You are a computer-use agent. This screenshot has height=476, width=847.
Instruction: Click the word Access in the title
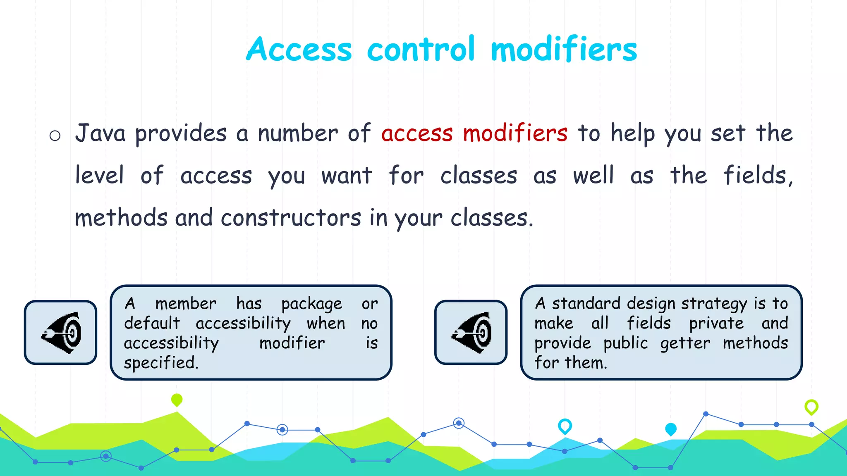click(x=299, y=49)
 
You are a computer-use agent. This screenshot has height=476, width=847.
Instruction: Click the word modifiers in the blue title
click(x=563, y=49)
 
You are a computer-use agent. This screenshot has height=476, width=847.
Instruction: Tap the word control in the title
click(x=421, y=49)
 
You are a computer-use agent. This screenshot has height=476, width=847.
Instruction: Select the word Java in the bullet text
click(x=100, y=133)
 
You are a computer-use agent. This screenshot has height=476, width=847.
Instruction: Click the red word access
click(x=417, y=134)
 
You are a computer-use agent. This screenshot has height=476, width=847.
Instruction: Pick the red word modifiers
click(x=515, y=133)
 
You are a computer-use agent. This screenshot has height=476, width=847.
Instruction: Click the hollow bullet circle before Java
click(x=55, y=136)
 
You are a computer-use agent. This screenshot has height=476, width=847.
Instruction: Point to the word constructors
click(x=291, y=218)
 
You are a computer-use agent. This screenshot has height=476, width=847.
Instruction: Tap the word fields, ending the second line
click(x=758, y=175)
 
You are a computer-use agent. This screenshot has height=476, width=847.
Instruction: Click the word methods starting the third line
click(x=121, y=218)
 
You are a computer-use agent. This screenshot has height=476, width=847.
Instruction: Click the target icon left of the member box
click(x=61, y=332)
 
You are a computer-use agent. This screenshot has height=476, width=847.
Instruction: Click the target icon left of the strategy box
click(x=471, y=332)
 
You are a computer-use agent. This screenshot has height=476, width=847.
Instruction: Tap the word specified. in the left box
click(x=161, y=363)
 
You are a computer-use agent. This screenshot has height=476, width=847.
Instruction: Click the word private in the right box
click(x=716, y=323)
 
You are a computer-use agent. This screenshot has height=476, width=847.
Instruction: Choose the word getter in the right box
click(x=685, y=343)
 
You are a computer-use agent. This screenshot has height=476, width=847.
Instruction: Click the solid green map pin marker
click(x=177, y=400)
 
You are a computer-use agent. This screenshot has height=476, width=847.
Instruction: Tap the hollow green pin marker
click(x=811, y=407)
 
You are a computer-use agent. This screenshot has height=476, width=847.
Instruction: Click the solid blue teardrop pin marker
click(x=670, y=429)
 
